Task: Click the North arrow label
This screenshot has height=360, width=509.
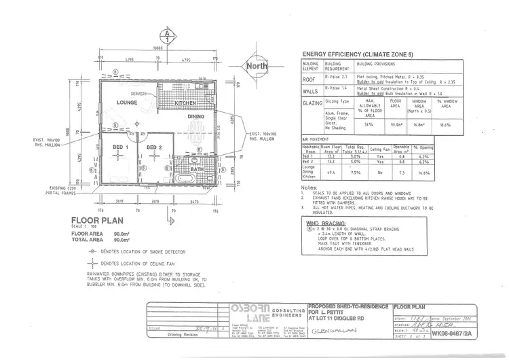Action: click(257, 66)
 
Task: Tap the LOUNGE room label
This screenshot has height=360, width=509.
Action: click(127, 102)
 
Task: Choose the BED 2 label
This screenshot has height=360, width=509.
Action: click(154, 147)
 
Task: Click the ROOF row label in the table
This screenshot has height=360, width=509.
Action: click(312, 79)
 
